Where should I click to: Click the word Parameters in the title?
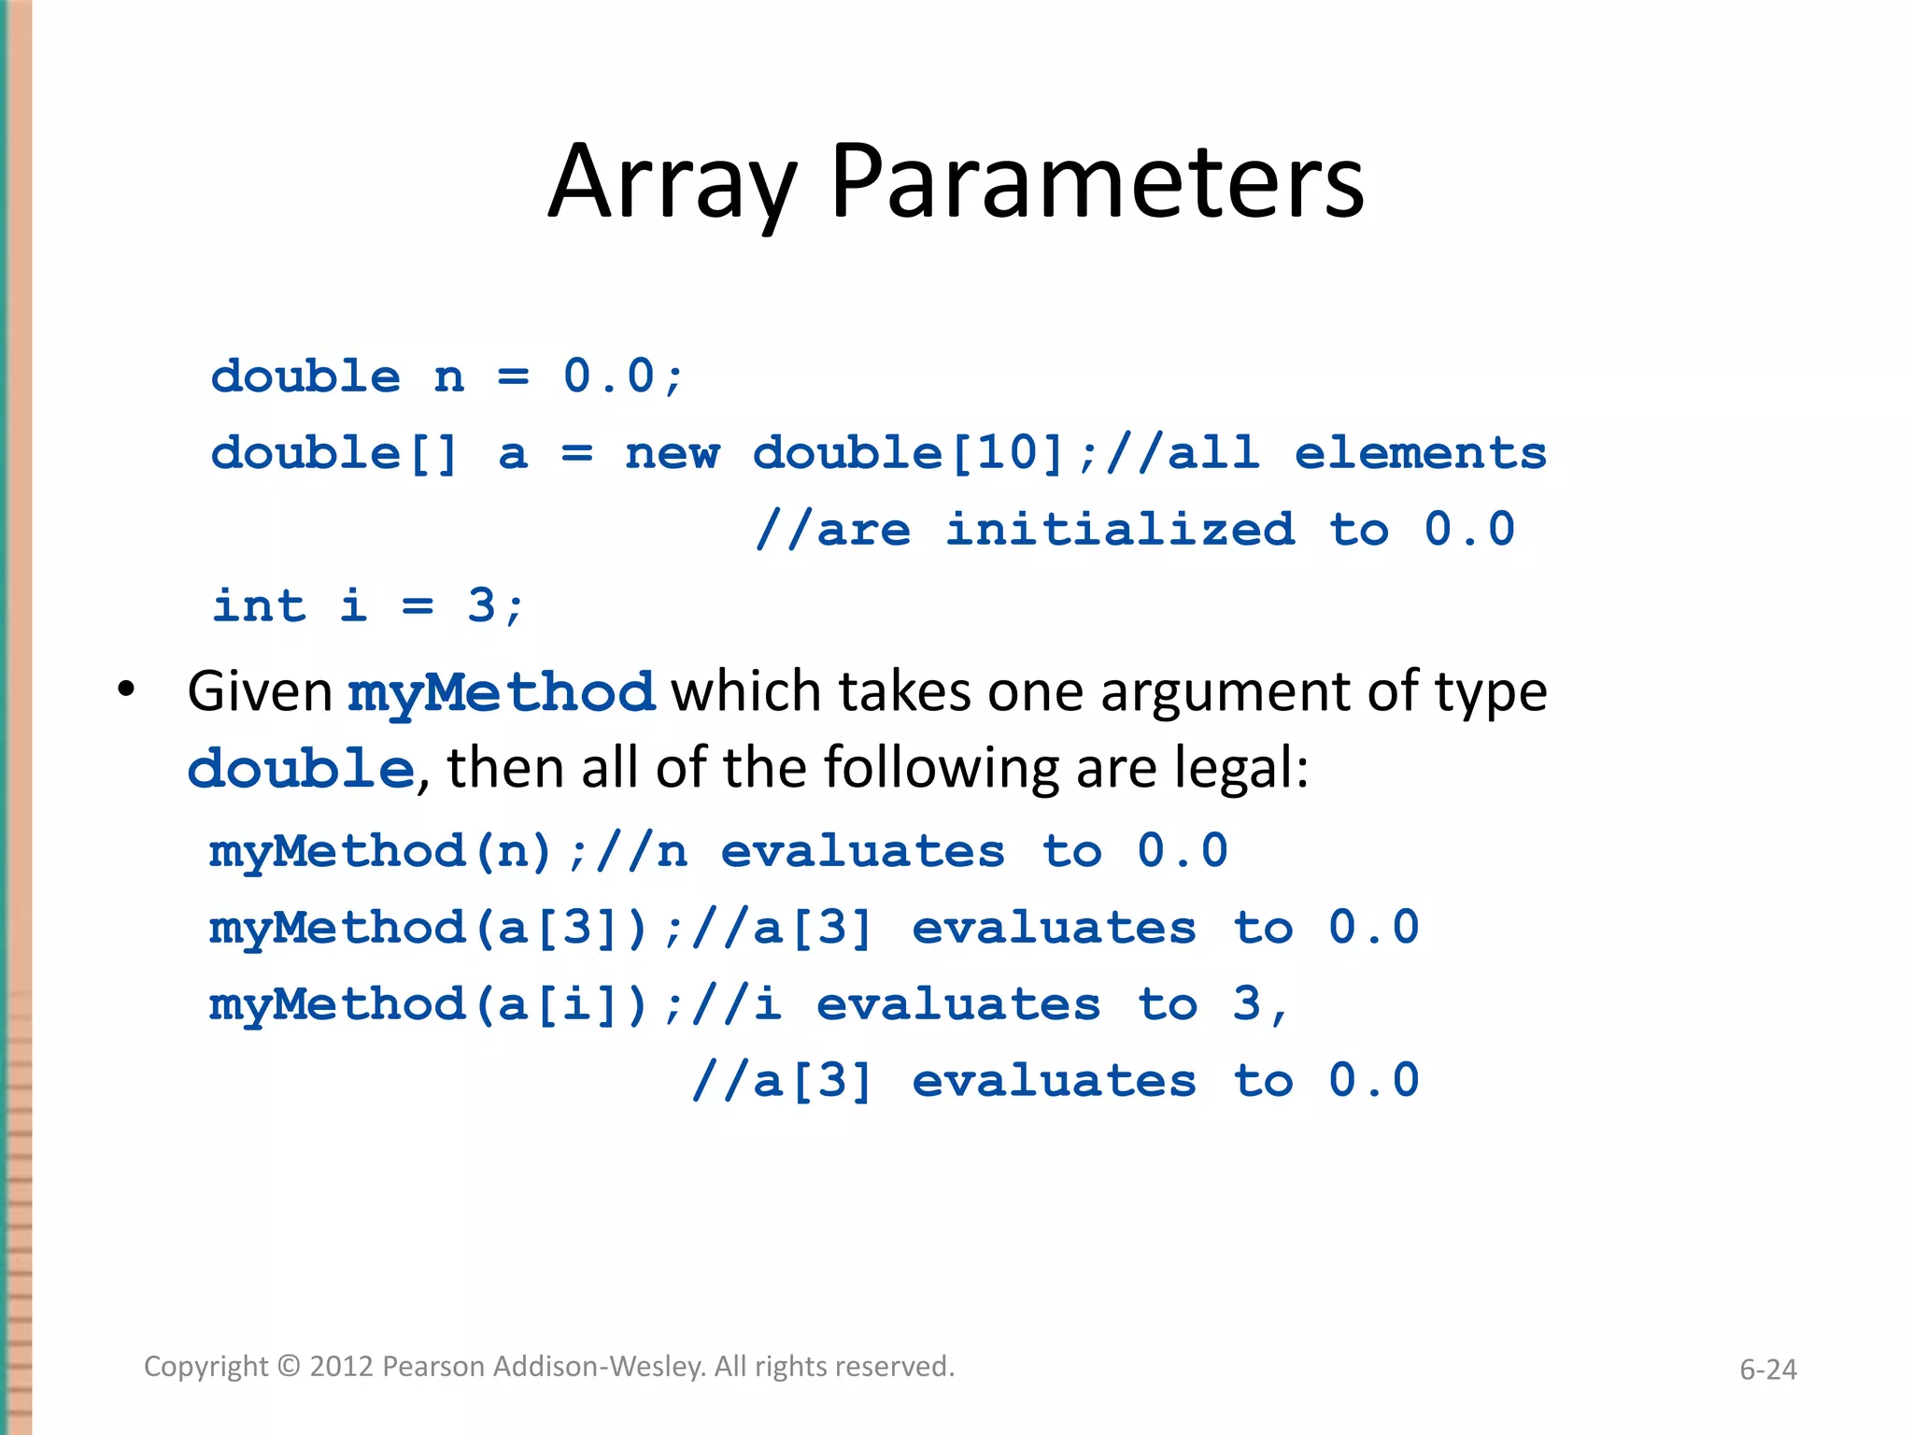coord(1097,183)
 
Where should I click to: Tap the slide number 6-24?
coord(1767,1370)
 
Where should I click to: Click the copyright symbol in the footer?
coord(289,1367)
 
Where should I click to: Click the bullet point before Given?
coord(126,691)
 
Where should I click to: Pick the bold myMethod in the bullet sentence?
coord(501,693)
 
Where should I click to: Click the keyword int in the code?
coord(259,605)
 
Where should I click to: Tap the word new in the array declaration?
coord(673,454)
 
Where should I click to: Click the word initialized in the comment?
coord(1120,530)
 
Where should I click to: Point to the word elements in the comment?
coord(1420,454)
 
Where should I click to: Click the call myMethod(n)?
coord(381,851)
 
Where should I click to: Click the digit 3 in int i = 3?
coord(481,605)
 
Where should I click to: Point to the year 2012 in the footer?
coord(342,1367)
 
